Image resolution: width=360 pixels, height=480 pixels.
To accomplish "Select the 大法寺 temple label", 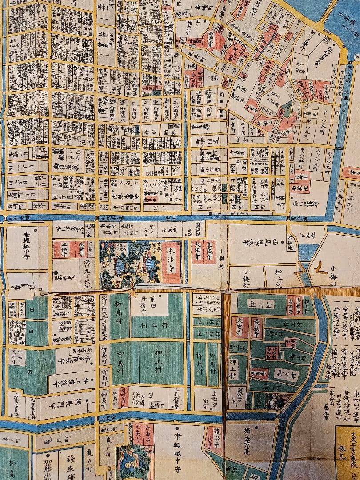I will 197,252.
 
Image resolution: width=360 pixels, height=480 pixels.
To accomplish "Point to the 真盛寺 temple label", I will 210,252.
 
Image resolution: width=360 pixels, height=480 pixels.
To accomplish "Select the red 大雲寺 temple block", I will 240,327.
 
